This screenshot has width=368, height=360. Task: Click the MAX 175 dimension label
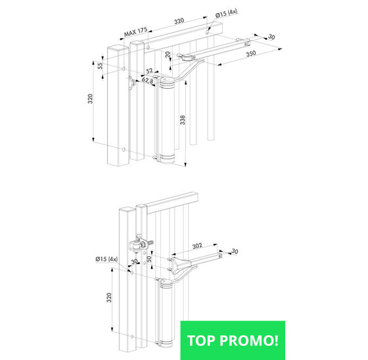point(135,32)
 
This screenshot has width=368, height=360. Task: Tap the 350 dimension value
point(251,54)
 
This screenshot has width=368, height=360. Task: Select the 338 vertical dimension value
point(183,120)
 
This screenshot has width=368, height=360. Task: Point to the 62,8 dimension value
point(147,81)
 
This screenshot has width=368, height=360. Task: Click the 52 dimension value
point(149,70)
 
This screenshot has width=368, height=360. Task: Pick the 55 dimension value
point(100,66)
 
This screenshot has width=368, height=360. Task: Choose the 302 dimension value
point(197,246)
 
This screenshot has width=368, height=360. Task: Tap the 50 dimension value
point(149,259)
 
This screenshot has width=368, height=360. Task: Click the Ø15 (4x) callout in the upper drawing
point(226,13)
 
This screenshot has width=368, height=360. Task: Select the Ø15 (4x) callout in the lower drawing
point(106,259)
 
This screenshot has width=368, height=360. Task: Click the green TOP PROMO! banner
point(233,340)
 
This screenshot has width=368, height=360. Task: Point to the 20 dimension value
point(168,55)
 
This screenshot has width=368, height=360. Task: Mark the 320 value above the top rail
point(179,21)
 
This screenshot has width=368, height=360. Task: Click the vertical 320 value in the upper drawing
point(90,99)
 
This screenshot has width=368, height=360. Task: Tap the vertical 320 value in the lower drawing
point(109,298)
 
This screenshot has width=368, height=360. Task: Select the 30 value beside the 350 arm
point(271,37)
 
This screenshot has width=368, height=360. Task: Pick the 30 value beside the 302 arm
point(235,252)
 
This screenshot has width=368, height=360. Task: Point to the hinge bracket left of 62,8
point(131,82)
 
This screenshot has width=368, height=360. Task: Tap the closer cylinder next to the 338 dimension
point(166,120)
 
